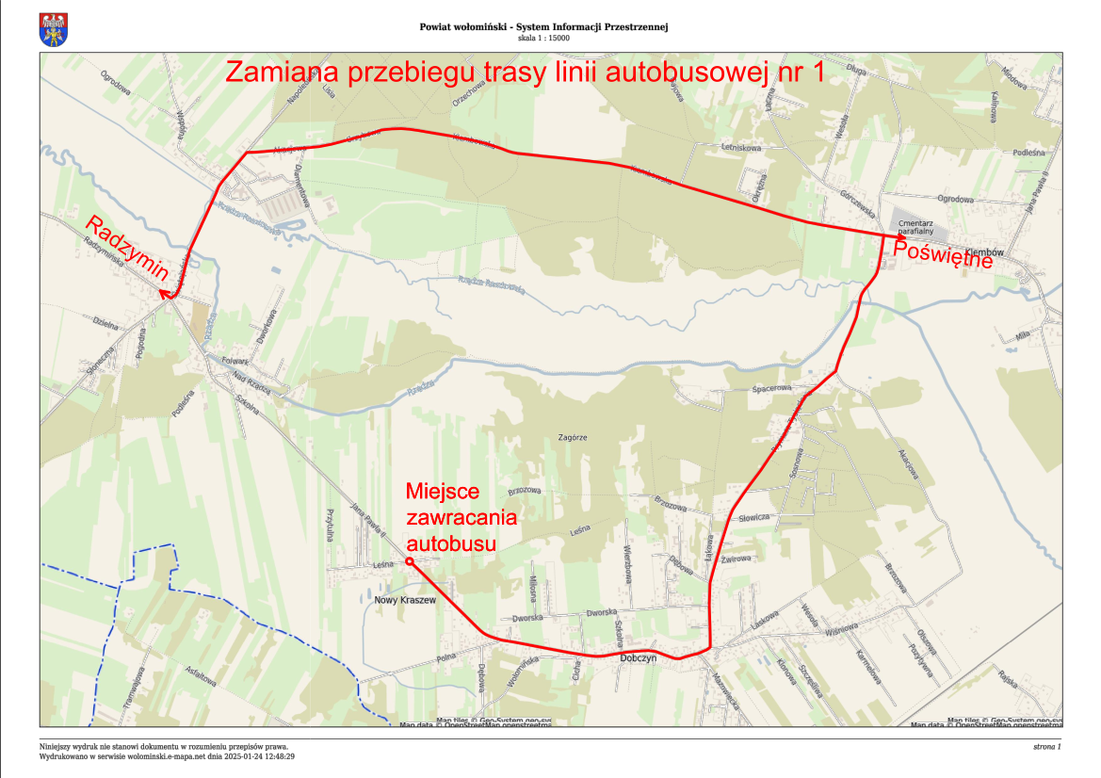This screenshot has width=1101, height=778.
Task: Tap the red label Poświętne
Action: click(x=943, y=254)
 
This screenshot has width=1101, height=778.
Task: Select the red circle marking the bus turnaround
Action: click(x=409, y=561)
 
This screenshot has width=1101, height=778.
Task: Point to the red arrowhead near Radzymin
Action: click(x=166, y=295)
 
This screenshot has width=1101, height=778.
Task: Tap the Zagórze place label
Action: click(x=573, y=438)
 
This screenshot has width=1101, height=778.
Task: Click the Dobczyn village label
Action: click(x=638, y=659)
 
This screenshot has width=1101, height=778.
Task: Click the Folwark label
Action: click(x=233, y=361)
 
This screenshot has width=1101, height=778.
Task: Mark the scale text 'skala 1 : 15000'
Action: click(x=543, y=39)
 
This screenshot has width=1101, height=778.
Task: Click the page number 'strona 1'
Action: click(x=1046, y=747)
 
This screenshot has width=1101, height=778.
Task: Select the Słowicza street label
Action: click(x=755, y=518)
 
